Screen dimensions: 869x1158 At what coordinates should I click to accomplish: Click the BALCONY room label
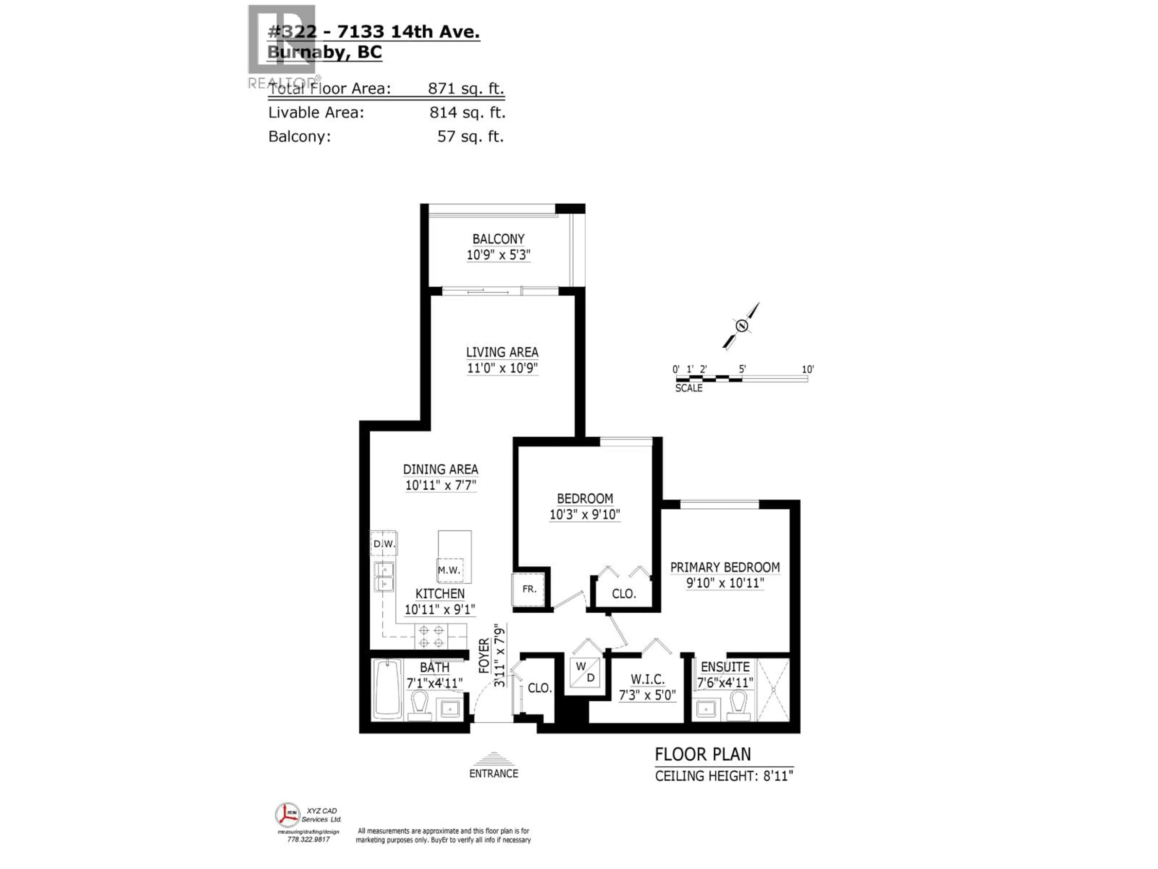coord(498,239)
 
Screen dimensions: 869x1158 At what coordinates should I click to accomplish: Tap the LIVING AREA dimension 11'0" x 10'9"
coord(502,368)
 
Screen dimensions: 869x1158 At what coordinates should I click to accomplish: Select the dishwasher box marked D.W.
coord(384,544)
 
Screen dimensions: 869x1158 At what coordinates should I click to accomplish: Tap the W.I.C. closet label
coord(647,680)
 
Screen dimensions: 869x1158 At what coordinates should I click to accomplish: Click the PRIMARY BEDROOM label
coord(725,567)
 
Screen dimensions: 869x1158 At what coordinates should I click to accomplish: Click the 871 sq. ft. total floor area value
coord(465,88)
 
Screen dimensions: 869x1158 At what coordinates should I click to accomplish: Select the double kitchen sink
coord(384,576)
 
